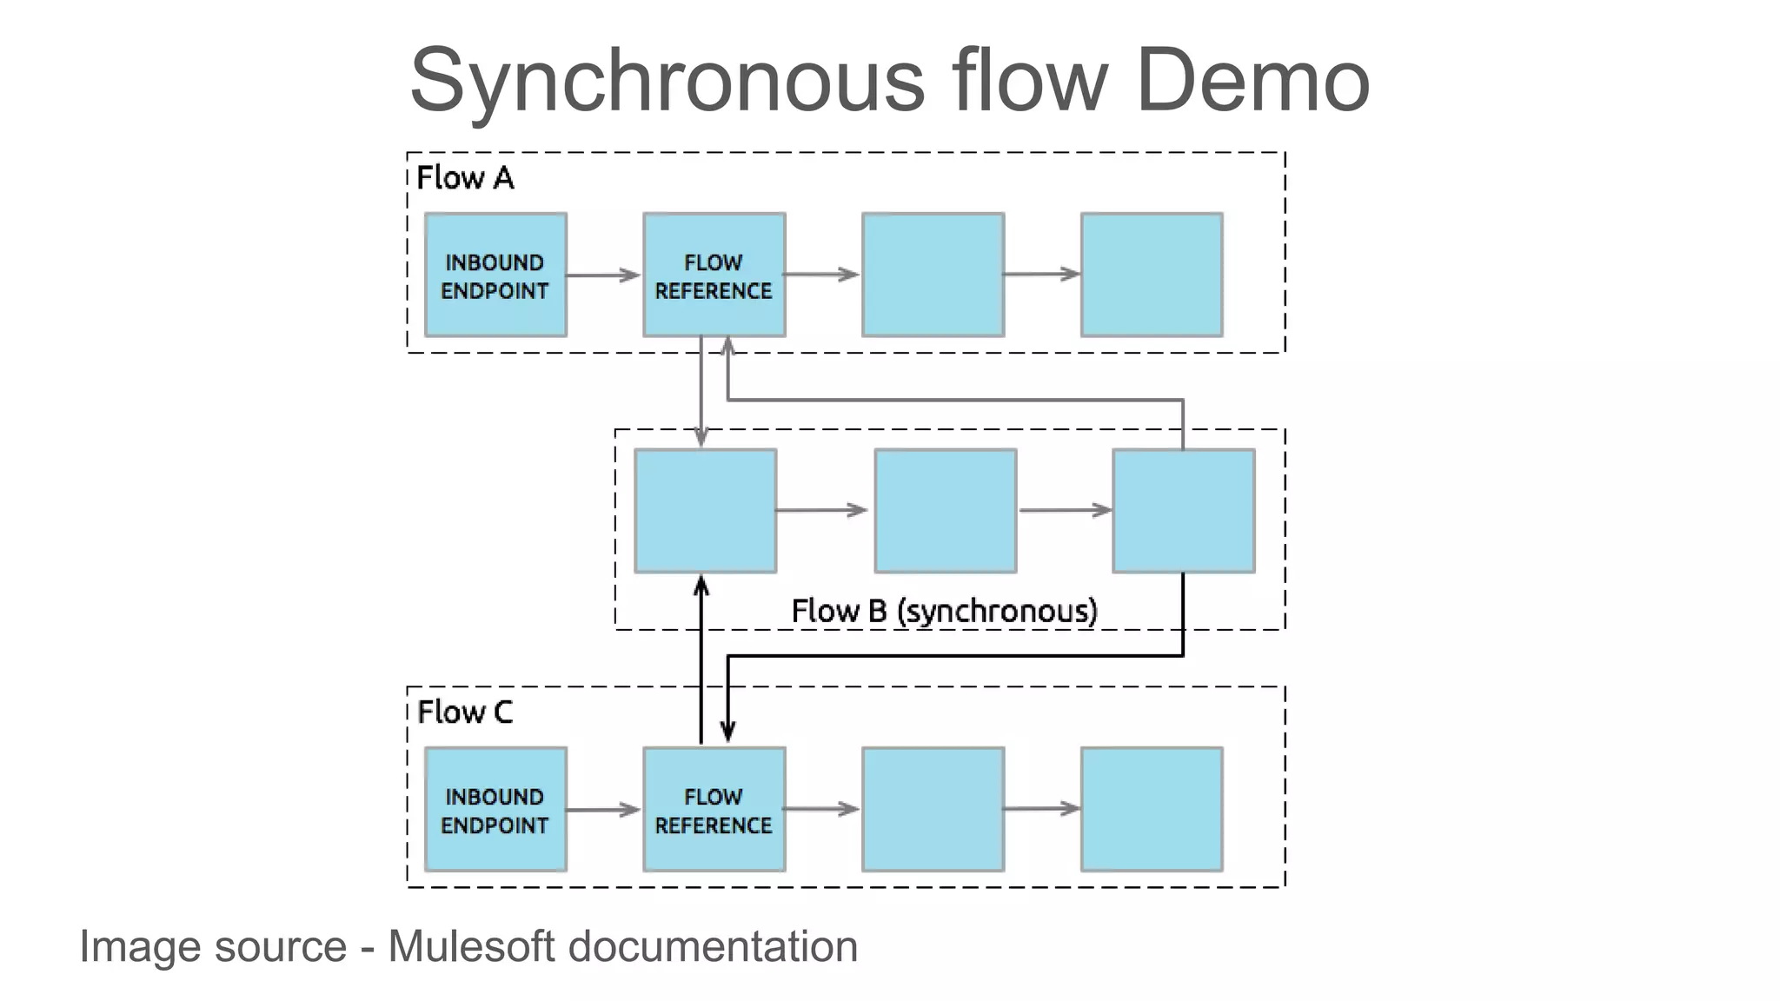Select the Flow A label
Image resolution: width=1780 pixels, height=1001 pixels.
[465, 178]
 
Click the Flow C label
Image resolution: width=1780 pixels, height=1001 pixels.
[465, 713]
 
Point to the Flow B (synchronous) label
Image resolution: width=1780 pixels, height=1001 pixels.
[944, 611]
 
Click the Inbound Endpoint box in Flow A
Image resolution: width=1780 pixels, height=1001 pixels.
[495, 275]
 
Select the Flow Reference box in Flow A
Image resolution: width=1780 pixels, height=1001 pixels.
[714, 275]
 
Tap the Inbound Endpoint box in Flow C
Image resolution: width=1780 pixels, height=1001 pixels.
[495, 810]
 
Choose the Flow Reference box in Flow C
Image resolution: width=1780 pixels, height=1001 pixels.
[714, 810]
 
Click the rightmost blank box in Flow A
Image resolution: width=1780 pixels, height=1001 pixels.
[1152, 275]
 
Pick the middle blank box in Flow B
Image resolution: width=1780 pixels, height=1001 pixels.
[945, 511]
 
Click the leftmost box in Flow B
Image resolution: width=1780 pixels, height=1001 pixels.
[705, 511]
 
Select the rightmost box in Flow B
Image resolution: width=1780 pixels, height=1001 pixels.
[1183, 511]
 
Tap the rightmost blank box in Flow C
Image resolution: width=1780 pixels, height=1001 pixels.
[1152, 810]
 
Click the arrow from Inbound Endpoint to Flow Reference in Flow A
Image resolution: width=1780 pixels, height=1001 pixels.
[604, 275]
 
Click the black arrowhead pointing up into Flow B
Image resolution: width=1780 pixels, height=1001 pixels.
[701, 587]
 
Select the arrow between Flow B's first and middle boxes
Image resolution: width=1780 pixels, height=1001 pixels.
[821, 510]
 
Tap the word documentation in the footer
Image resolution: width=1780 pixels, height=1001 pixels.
[713, 946]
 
